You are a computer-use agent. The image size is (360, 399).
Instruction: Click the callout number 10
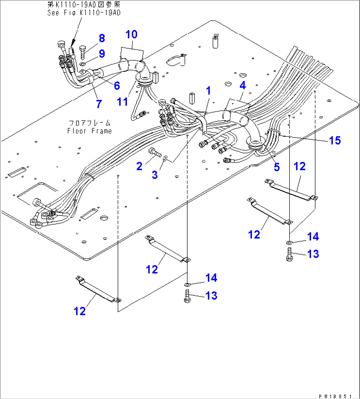(131, 34)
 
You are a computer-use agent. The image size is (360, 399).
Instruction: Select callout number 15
(335, 140)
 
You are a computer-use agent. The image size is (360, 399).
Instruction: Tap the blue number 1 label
(208, 90)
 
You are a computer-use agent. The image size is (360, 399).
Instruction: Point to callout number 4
(243, 85)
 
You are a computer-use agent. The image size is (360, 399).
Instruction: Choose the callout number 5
(277, 167)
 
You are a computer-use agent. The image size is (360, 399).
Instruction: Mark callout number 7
(117, 86)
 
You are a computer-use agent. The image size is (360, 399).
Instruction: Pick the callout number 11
(99, 103)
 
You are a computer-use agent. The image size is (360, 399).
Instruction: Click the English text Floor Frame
(90, 131)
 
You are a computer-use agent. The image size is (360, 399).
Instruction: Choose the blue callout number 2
(139, 166)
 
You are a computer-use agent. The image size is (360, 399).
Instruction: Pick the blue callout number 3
(155, 175)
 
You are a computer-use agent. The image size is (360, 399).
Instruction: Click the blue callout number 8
(102, 38)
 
